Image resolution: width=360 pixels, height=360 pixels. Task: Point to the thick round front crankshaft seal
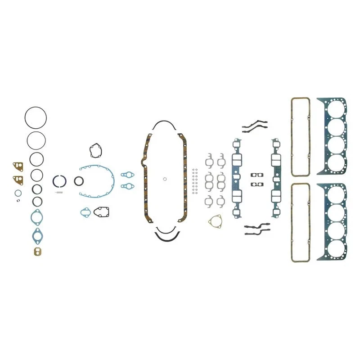tap(79, 181)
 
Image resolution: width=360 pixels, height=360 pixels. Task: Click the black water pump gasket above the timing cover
tap(94, 151)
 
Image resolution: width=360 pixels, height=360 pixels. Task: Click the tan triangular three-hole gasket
tap(216, 221)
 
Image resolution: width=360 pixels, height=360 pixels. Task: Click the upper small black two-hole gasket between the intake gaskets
tap(257, 175)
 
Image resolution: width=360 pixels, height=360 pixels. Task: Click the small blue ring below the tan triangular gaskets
tap(18, 193)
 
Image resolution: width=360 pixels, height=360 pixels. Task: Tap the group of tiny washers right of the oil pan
tap(194, 181)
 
